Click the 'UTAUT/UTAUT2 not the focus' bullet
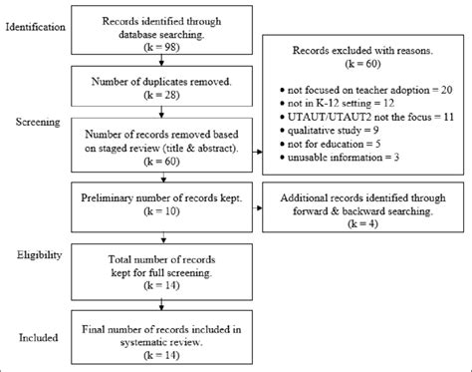tap(366, 117)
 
